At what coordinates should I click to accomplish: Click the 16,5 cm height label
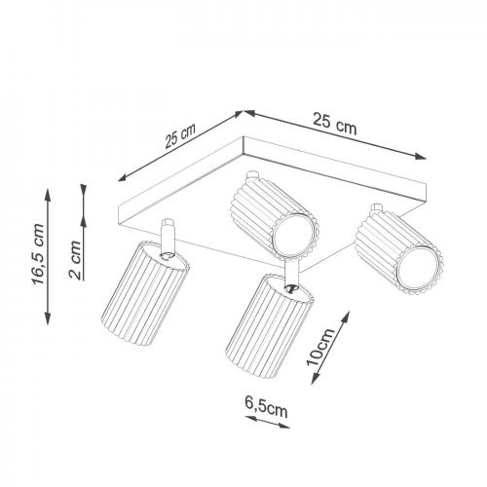tap(38, 254)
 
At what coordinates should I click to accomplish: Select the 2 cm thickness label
tap(75, 260)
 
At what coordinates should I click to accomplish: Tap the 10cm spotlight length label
tap(320, 347)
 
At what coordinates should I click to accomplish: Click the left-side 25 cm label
tap(180, 135)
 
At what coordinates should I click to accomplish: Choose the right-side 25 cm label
tap(335, 123)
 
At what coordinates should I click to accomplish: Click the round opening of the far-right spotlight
tap(417, 269)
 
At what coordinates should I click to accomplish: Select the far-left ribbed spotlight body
tap(145, 293)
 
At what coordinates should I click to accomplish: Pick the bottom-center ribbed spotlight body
tap(270, 326)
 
